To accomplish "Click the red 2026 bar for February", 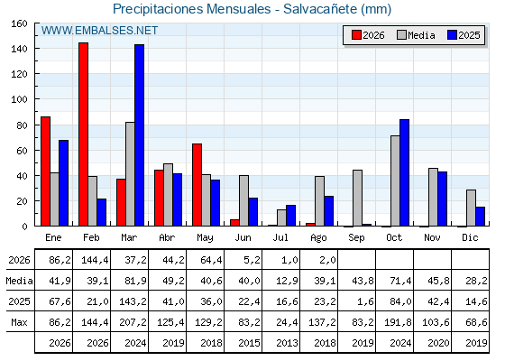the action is tap(83, 134).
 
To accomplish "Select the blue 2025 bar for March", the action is tap(140, 135).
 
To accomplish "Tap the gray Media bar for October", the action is tap(395, 180).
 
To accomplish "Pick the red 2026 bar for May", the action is tap(197, 185).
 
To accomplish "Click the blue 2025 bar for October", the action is tap(405, 172).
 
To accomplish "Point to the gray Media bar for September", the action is tap(357, 198).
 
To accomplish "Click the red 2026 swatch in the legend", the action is tap(356, 35).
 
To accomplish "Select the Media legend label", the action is tap(421, 35).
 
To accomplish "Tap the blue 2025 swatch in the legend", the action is tap(452, 35).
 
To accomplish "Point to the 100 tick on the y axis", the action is tap(20, 99).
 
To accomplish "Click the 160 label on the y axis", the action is tap(20, 23).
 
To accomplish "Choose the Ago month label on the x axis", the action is tap(318, 238).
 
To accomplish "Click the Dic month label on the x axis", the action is tap(470, 237).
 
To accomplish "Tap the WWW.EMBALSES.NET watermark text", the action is tap(99, 31).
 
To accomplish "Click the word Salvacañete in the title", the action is tap(320, 9).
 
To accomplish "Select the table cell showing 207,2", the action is tap(133, 322).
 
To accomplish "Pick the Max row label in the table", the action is tap(19, 322).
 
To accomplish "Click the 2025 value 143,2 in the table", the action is tap(133, 301).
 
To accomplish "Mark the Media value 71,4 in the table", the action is tap(400, 281).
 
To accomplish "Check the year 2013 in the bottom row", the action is tap(287, 343).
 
